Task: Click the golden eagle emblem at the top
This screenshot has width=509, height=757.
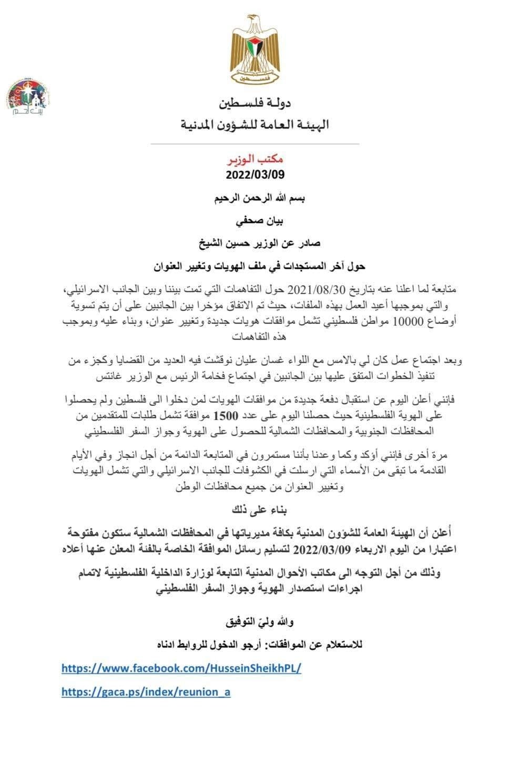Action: coord(254,48)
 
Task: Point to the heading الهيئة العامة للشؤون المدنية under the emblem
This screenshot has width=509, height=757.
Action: coord(254,125)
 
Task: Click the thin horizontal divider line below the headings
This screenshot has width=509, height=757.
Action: coord(254,144)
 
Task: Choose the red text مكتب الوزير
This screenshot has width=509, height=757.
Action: coord(254,158)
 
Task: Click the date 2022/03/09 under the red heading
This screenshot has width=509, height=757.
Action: coord(254,174)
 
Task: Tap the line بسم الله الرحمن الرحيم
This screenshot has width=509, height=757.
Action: coord(254,199)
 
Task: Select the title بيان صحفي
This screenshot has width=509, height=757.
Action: coord(254,221)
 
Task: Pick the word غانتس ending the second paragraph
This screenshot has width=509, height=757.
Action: coord(110,377)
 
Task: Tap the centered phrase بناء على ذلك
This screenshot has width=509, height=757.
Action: coord(254,510)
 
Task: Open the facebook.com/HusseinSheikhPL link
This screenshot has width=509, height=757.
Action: coord(181,668)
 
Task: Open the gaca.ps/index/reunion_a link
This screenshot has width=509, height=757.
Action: coord(146,692)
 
